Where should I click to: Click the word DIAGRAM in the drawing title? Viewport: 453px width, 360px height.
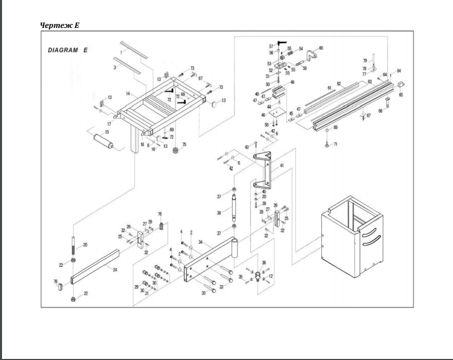tap(63, 50)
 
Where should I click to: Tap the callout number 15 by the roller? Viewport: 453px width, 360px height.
tap(107, 132)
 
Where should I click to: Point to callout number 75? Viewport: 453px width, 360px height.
tap(184, 145)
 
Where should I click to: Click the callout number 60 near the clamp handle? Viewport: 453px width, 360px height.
tap(321, 48)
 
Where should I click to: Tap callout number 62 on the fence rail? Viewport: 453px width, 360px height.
tap(338, 84)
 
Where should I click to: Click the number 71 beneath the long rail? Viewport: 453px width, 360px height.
tap(335, 144)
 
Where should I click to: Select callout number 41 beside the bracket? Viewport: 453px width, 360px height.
tap(281, 165)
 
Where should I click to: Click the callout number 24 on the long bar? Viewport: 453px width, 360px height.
tap(115, 270)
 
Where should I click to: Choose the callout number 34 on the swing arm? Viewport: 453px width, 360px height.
tap(200, 242)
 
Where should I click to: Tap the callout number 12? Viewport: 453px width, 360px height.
tap(271, 276)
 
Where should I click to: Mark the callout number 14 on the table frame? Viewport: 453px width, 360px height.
tap(128, 94)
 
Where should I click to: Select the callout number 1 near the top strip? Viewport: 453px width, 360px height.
tap(121, 51)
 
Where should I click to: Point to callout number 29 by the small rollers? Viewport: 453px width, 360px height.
tap(136, 287)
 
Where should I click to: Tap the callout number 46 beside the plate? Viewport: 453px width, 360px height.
tap(263, 115)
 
